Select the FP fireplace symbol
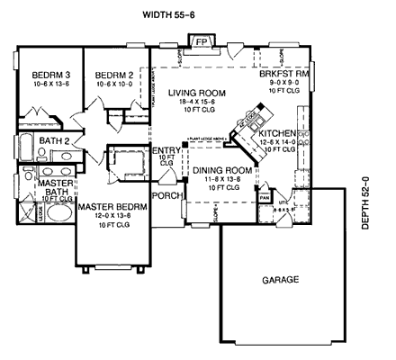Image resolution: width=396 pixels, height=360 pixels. (202, 41)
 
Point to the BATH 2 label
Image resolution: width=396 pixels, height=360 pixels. (55, 141)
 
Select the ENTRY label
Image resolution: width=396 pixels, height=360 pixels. (167, 151)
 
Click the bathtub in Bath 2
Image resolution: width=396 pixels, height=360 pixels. (24, 145)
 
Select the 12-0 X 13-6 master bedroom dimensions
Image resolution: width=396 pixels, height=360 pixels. (112, 216)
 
